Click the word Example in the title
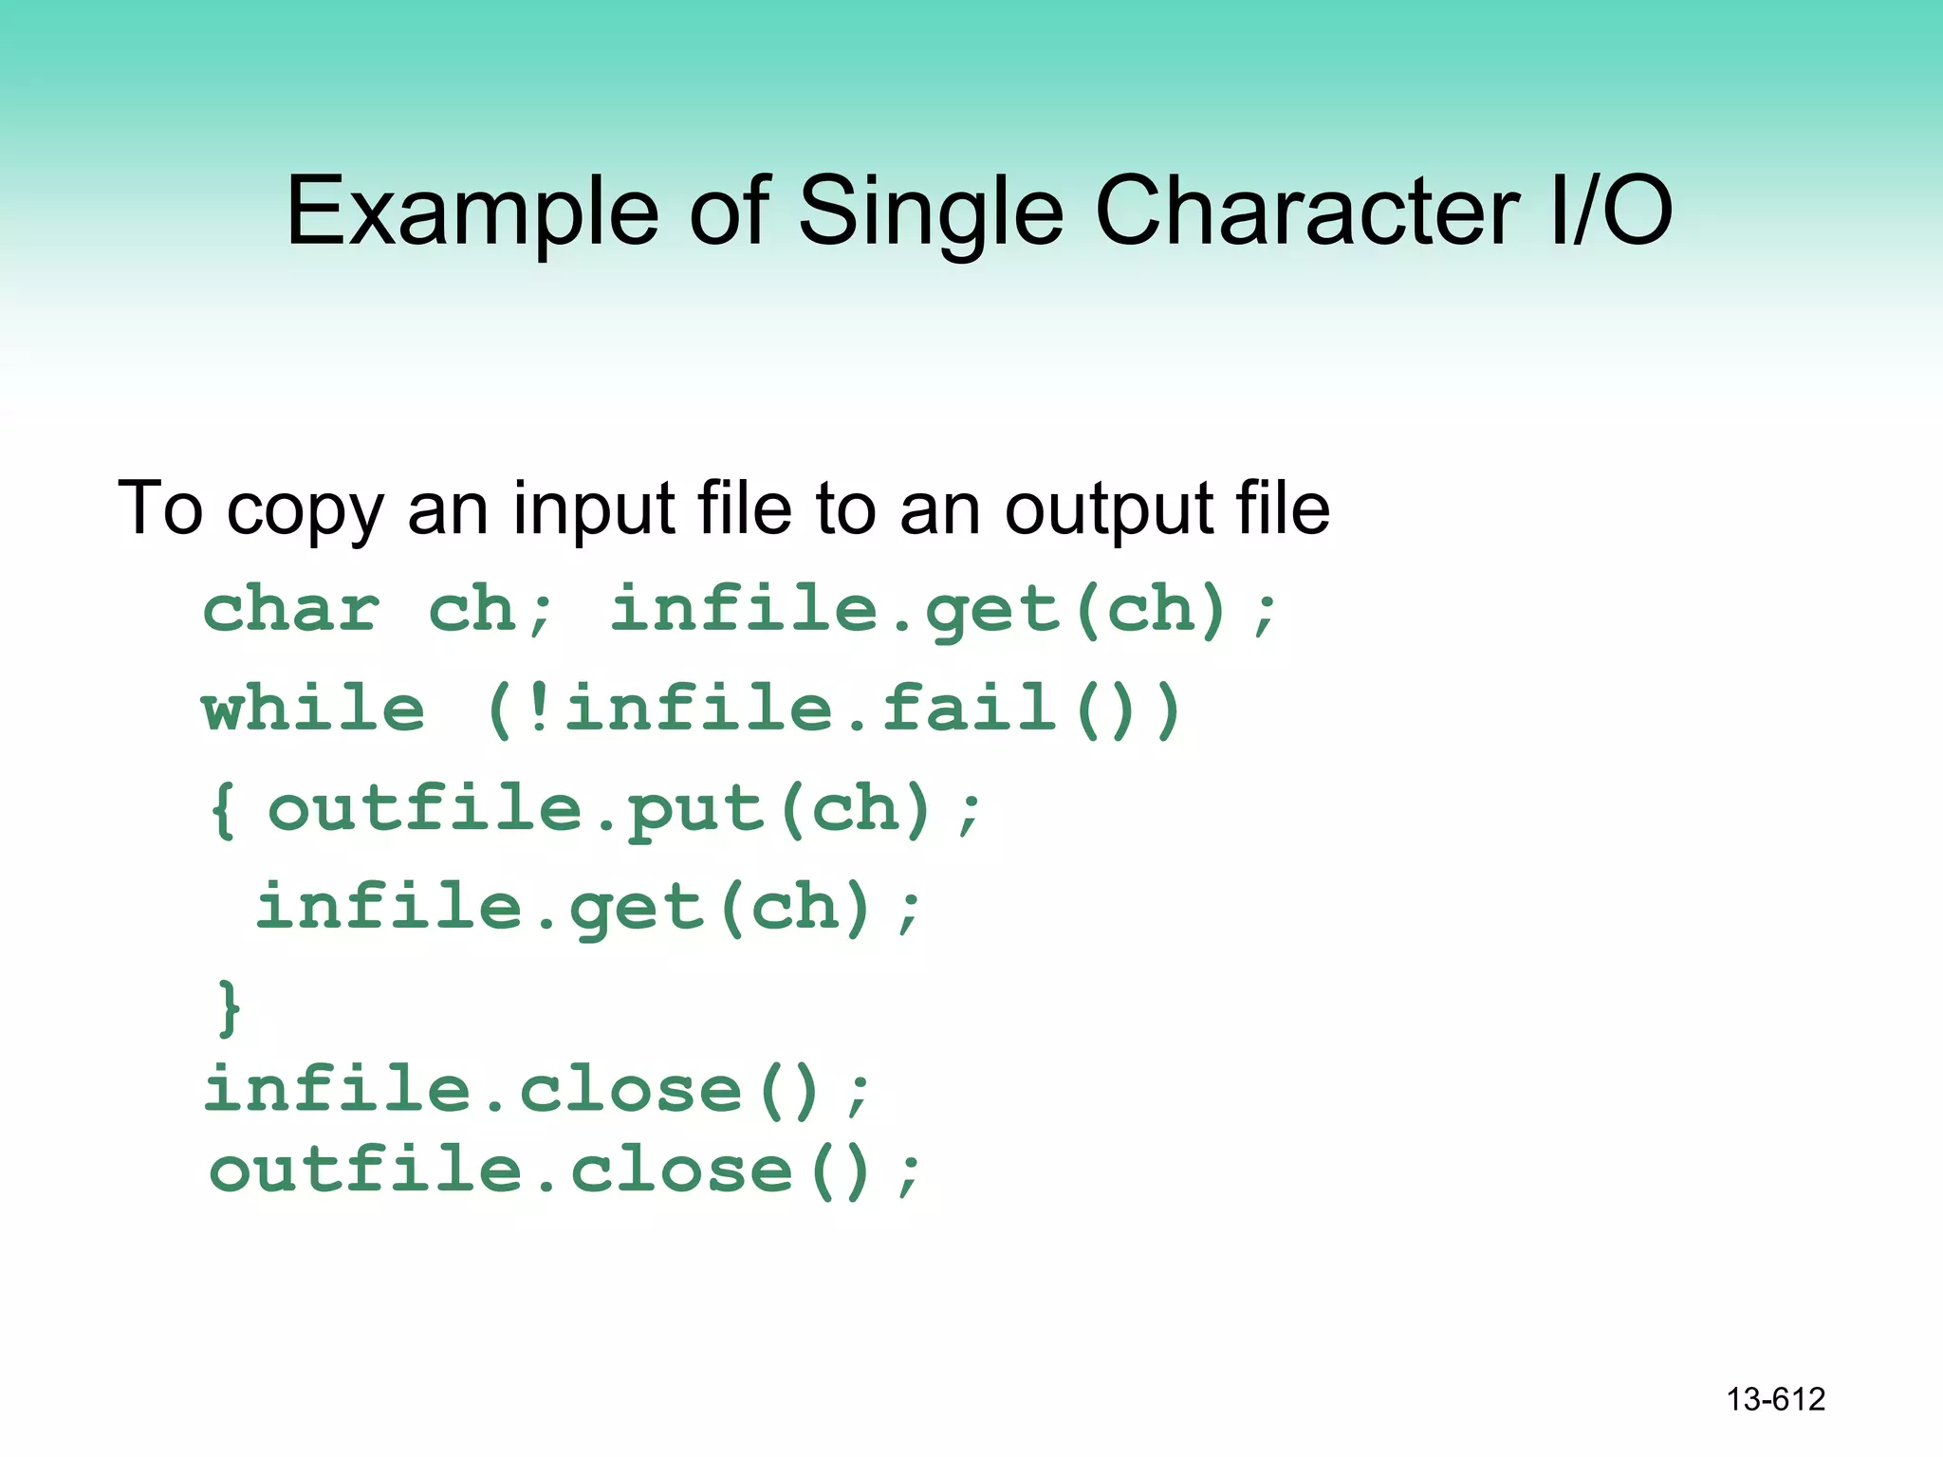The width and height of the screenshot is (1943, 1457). coord(472,212)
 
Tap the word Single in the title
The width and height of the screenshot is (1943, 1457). coord(931,212)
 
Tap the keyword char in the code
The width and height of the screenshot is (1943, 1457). coord(291,609)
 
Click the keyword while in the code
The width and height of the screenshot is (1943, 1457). coord(313,709)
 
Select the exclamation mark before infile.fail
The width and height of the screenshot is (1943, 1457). coord(539,709)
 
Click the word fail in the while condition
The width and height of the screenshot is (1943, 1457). coord(969,709)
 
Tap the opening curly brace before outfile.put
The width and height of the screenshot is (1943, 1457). coord(223,810)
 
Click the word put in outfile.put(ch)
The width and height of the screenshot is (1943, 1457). coord(694,810)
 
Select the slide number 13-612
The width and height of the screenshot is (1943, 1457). coord(1775,1399)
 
